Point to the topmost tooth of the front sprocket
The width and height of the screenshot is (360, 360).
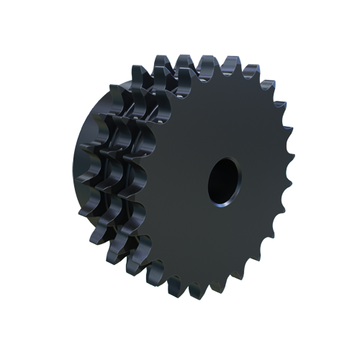point(210,63)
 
